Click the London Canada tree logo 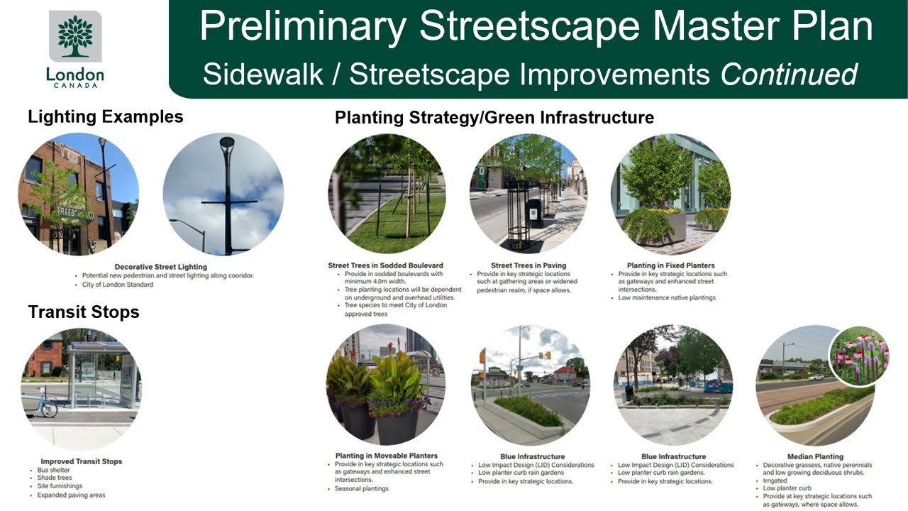pyautogui.click(x=75, y=37)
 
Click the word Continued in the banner pyautogui.click(x=789, y=74)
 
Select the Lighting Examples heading pyautogui.click(x=105, y=116)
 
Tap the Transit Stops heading pyautogui.click(x=84, y=312)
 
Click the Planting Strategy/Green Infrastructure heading pyautogui.click(x=494, y=117)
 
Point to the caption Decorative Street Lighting pyautogui.click(x=161, y=267)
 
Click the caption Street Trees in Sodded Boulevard pyautogui.click(x=385, y=265)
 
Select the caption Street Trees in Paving pyautogui.click(x=528, y=265)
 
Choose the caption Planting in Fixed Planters pyautogui.click(x=670, y=265)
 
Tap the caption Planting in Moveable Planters pyautogui.click(x=386, y=456)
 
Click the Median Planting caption pyautogui.click(x=815, y=456)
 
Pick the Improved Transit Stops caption pyautogui.click(x=82, y=461)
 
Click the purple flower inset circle pyautogui.click(x=858, y=356)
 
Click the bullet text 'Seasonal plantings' pyautogui.click(x=361, y=488)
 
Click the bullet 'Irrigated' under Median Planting pyautogui.click(x=775, y=480)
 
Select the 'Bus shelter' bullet pyautogui.click(x=54, y=470)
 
